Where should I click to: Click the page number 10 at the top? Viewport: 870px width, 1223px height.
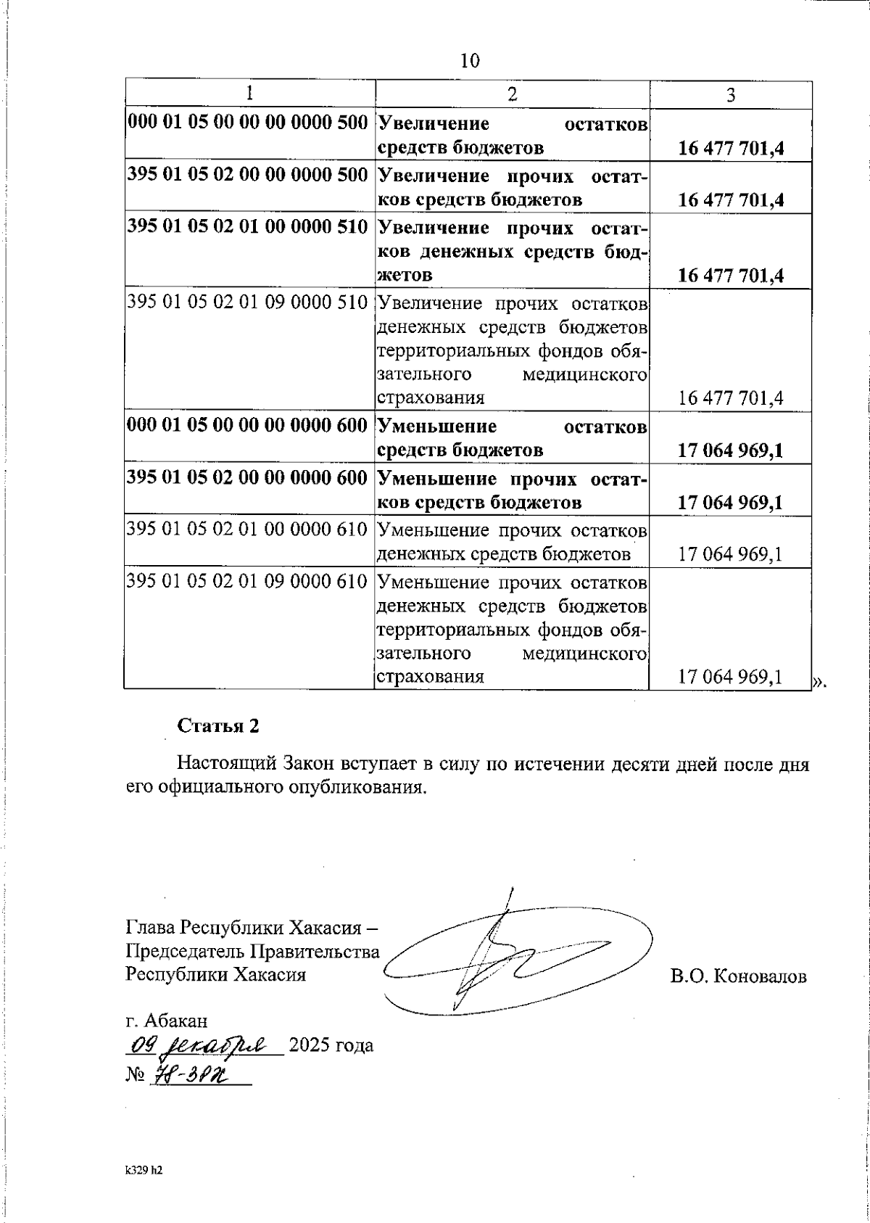[470, 61]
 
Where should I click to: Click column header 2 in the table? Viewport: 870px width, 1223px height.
[512, 94]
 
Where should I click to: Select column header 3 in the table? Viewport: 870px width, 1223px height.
[730, 95]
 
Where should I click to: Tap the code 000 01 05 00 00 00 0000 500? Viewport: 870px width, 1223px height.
[248, 122]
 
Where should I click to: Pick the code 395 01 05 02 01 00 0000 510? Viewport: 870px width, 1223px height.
[248, 226]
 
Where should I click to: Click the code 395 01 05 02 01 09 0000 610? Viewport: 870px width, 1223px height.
[248, 581]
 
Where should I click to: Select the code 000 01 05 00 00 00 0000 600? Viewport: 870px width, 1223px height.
[248, 426]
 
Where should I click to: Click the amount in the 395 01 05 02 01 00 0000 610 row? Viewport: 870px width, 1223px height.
[730, 555]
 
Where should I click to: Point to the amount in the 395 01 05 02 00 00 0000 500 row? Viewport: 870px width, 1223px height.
[730, 200]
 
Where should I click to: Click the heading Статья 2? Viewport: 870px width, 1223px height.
[218, 726]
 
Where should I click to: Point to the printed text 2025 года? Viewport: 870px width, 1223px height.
[331, 1046]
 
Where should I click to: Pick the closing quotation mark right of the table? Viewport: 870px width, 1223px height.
[819, 681]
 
